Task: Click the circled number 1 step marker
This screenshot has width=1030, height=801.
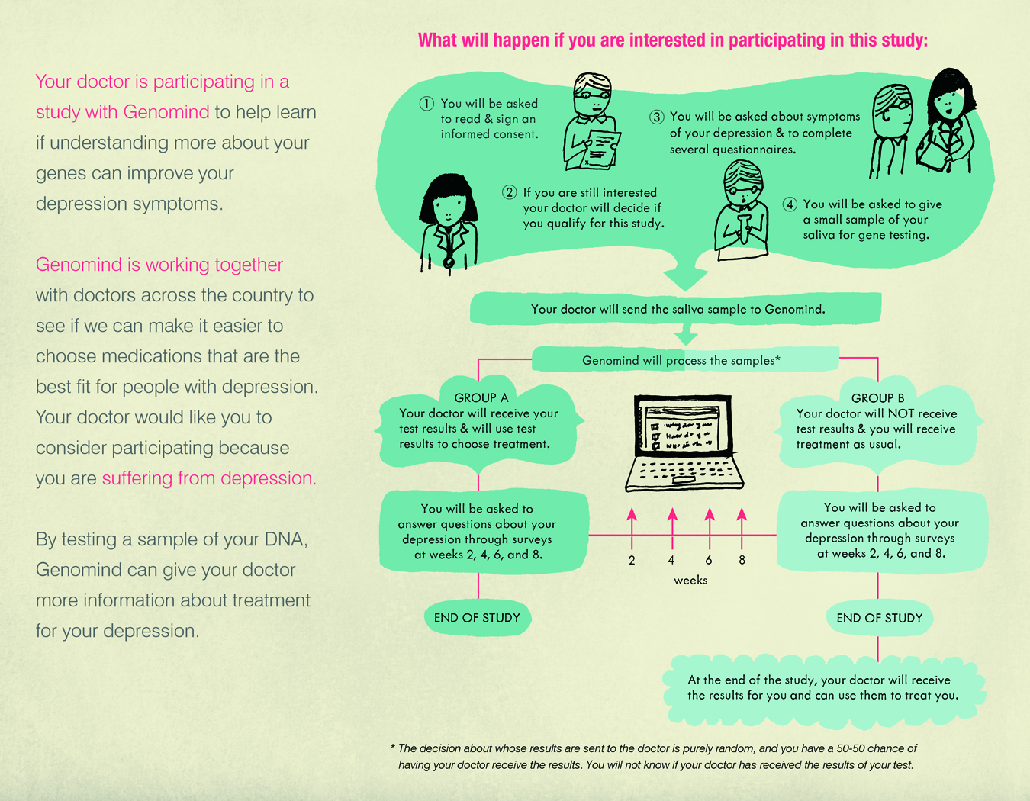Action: [x=426, y=103]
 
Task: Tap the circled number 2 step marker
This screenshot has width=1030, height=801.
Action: [x=509, y=192]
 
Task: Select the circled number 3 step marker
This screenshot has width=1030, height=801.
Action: [x=656, y=117]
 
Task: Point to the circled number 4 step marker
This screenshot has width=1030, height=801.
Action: [x=789, y=204]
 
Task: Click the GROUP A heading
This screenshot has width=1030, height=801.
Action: [x=481, y=397]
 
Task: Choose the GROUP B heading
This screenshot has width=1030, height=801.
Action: [x=878, y=398]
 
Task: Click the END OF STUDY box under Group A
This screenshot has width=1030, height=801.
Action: [x=478, y=618]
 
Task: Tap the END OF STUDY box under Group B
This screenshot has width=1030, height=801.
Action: [x=879, y=618]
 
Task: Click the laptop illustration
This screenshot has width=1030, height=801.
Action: [x=684, y=442]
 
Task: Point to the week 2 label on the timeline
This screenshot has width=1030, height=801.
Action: [x=632, y=560]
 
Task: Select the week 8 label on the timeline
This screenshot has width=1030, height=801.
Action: [x=742, y=560]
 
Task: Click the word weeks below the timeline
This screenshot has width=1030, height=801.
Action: [x=690, y=580]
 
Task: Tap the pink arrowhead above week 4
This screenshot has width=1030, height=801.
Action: [x=672, y=514]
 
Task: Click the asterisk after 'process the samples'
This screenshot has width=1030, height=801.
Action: [x=777, y=359]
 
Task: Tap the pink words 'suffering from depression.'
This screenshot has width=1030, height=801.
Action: [x=209, y=478]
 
